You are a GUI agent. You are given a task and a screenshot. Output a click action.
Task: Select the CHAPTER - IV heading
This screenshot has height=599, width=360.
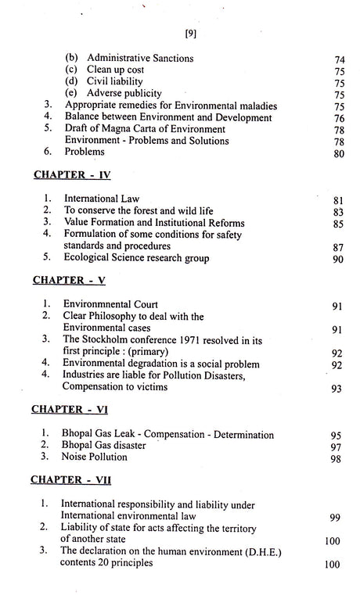point(70,177)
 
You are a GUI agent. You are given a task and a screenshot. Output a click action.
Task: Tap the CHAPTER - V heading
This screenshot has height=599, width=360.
point(69,278)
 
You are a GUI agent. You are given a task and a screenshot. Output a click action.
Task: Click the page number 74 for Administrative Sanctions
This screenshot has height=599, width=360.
point(338,59)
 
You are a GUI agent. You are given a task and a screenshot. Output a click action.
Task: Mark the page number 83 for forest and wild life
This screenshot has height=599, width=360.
point(338,213)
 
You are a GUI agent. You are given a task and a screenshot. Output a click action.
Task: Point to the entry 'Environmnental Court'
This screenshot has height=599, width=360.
point(112,303)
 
